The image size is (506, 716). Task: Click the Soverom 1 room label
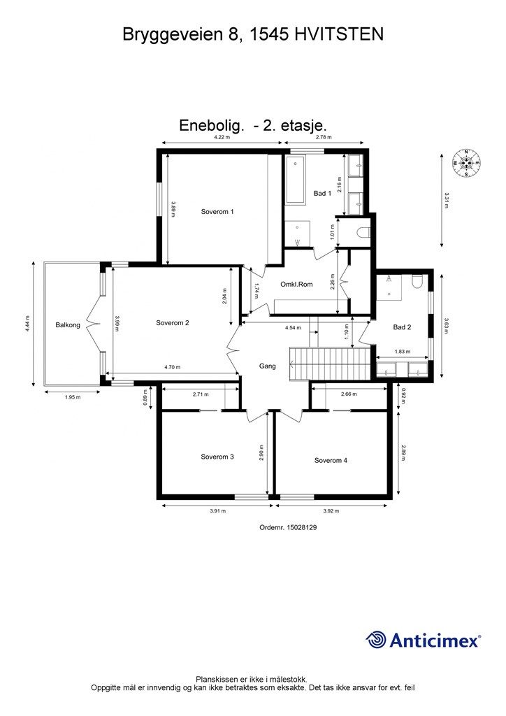[217, 211]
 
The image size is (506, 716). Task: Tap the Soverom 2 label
[173, 323]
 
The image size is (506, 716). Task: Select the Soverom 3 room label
[217, 457]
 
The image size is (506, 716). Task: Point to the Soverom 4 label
[331, 460]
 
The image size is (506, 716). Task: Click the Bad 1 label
[322, 194]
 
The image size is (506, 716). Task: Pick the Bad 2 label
[402, 327]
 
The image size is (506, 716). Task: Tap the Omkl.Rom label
[296, 285]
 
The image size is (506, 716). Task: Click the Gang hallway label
[268, 366]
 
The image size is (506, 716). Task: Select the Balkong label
[68, 325]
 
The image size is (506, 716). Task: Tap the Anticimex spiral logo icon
[377, 640]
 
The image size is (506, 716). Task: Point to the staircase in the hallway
[328, 363]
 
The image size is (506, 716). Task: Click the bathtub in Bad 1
[295, 180]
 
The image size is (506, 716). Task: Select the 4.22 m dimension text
[222, 138]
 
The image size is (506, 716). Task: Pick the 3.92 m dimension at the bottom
[331, 510]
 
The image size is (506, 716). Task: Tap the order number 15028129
[288, 529]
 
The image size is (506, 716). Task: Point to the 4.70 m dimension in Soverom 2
[173, 367]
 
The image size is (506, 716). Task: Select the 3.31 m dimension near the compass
[447, 201]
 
